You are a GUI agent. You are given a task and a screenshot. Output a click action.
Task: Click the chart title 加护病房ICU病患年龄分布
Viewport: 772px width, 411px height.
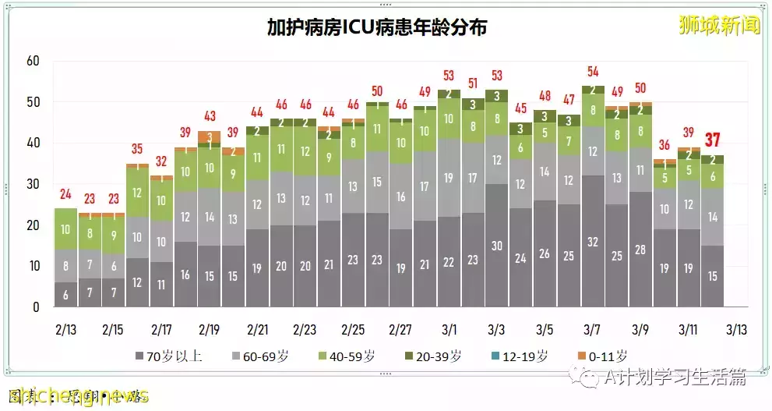click(377, 28)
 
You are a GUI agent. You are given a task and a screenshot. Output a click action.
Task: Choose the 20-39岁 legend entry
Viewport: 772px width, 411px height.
click(435, 356)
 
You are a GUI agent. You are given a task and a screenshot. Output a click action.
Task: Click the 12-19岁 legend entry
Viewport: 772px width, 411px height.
click(520, 356)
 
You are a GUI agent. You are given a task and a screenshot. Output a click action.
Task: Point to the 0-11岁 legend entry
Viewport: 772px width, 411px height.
click(604, 356)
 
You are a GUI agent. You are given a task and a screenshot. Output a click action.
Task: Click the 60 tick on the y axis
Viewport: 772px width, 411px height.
click(32, 62)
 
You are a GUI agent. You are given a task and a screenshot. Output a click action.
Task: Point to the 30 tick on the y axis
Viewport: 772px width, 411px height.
click(32, 184)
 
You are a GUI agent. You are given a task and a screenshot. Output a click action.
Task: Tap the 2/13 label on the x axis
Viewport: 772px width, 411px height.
click(66, 330)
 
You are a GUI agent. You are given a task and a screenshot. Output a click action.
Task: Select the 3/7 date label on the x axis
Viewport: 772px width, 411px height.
click(593, 330)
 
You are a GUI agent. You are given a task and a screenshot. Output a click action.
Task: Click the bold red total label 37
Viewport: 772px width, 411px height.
click(712, 140)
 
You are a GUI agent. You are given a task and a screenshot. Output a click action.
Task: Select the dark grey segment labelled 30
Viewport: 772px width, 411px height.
click(497, 245)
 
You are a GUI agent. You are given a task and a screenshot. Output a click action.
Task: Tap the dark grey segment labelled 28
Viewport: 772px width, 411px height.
click(640, 250)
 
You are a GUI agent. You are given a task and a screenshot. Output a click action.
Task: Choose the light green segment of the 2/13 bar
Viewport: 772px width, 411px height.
click(66, 229)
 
